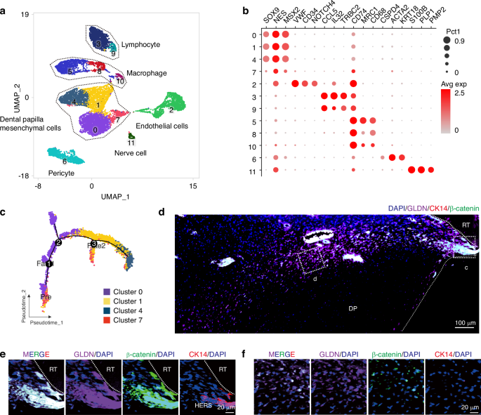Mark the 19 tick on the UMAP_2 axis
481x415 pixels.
click(x=25, y=14)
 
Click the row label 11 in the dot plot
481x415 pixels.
click(x=255, y=170)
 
